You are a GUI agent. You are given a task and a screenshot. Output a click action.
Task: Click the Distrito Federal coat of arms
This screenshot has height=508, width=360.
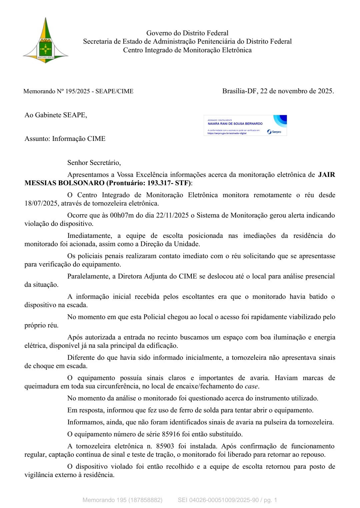[45, 41]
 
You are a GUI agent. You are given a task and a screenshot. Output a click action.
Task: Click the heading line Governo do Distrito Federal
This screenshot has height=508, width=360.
[187, 33]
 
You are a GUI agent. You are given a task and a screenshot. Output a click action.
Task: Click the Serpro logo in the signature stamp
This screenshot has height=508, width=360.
[274, 132]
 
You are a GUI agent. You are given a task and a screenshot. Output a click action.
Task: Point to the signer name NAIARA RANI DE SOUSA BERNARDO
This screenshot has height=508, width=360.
[235, 124]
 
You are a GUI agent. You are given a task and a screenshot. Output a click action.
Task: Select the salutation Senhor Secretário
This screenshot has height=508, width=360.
[94, 163]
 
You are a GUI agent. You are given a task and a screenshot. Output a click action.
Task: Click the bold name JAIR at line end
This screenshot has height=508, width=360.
[327, 175]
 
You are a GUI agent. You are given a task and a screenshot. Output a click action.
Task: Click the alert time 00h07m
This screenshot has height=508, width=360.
[122, 215]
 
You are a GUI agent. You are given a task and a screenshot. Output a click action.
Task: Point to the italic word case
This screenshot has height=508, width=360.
[251, 386]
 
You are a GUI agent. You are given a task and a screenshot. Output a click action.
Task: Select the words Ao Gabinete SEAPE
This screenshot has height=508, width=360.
[55, 115]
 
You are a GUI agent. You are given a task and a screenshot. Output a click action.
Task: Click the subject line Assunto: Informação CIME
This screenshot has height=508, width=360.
[65, 139]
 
